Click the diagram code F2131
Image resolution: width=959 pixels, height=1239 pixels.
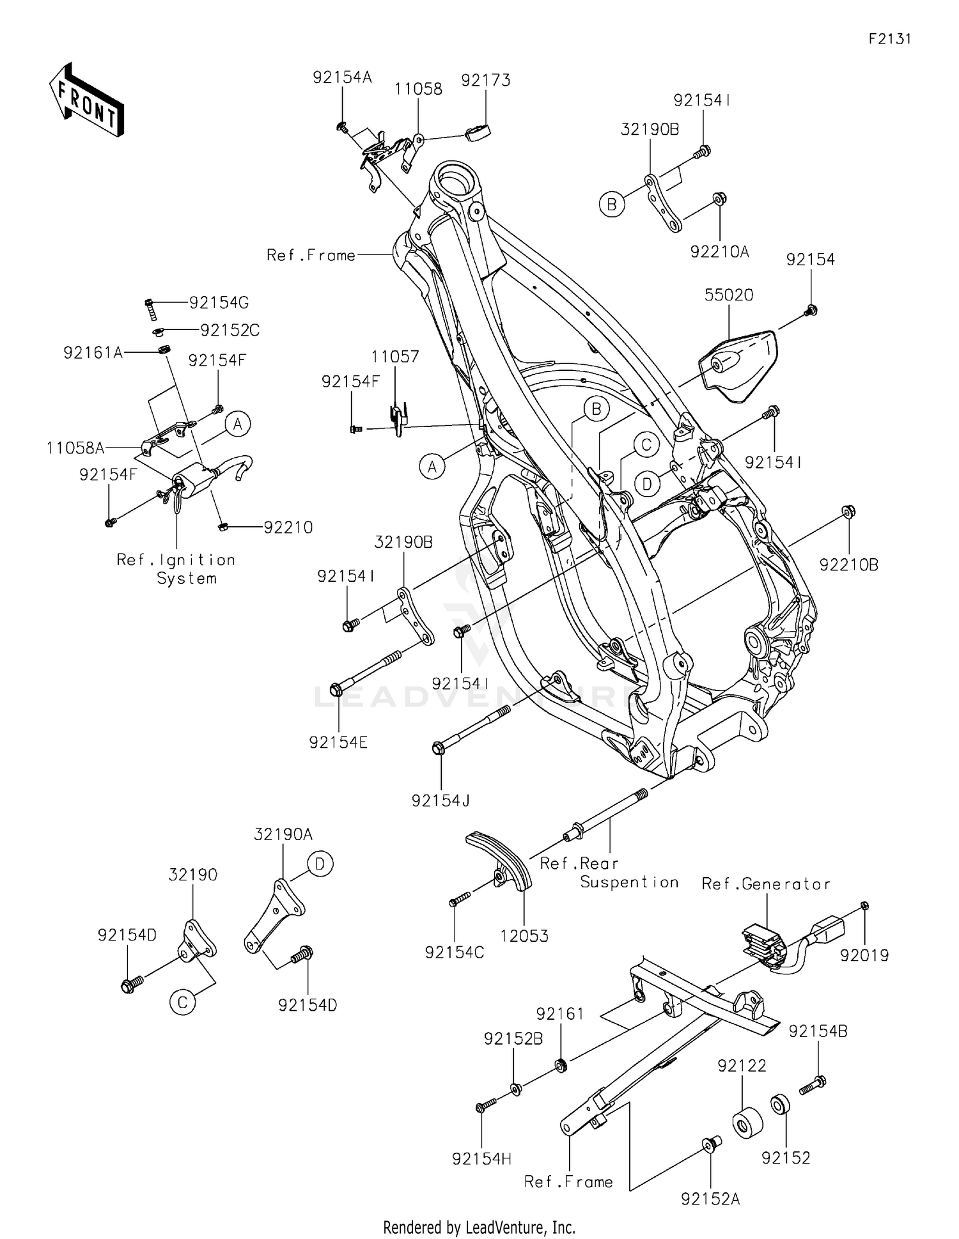click(x=889, y=39)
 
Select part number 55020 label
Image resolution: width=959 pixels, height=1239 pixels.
click(x=729, y=295)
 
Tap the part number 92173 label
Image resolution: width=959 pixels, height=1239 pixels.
click(x=486, y=81)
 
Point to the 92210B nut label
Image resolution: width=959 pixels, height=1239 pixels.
click(x=849, y=565)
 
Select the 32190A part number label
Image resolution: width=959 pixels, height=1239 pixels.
click(x=283, y=834)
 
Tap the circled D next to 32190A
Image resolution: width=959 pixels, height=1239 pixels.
click(x=320, y=864)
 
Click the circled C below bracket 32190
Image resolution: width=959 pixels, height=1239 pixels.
click(x=182, y=1002)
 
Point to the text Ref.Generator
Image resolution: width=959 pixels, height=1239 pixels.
click(x=766, y=884)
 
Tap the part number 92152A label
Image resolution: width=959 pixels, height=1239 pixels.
click(x=710, y=1199)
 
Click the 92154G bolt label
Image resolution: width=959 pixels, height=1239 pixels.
click(x=219, y=303)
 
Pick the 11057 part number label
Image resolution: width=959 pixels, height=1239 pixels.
click(x=396, y=357)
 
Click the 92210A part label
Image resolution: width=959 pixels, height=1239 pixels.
click(x=719, y=252)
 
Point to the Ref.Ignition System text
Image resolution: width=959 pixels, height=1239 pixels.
click(x=176, y=569)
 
